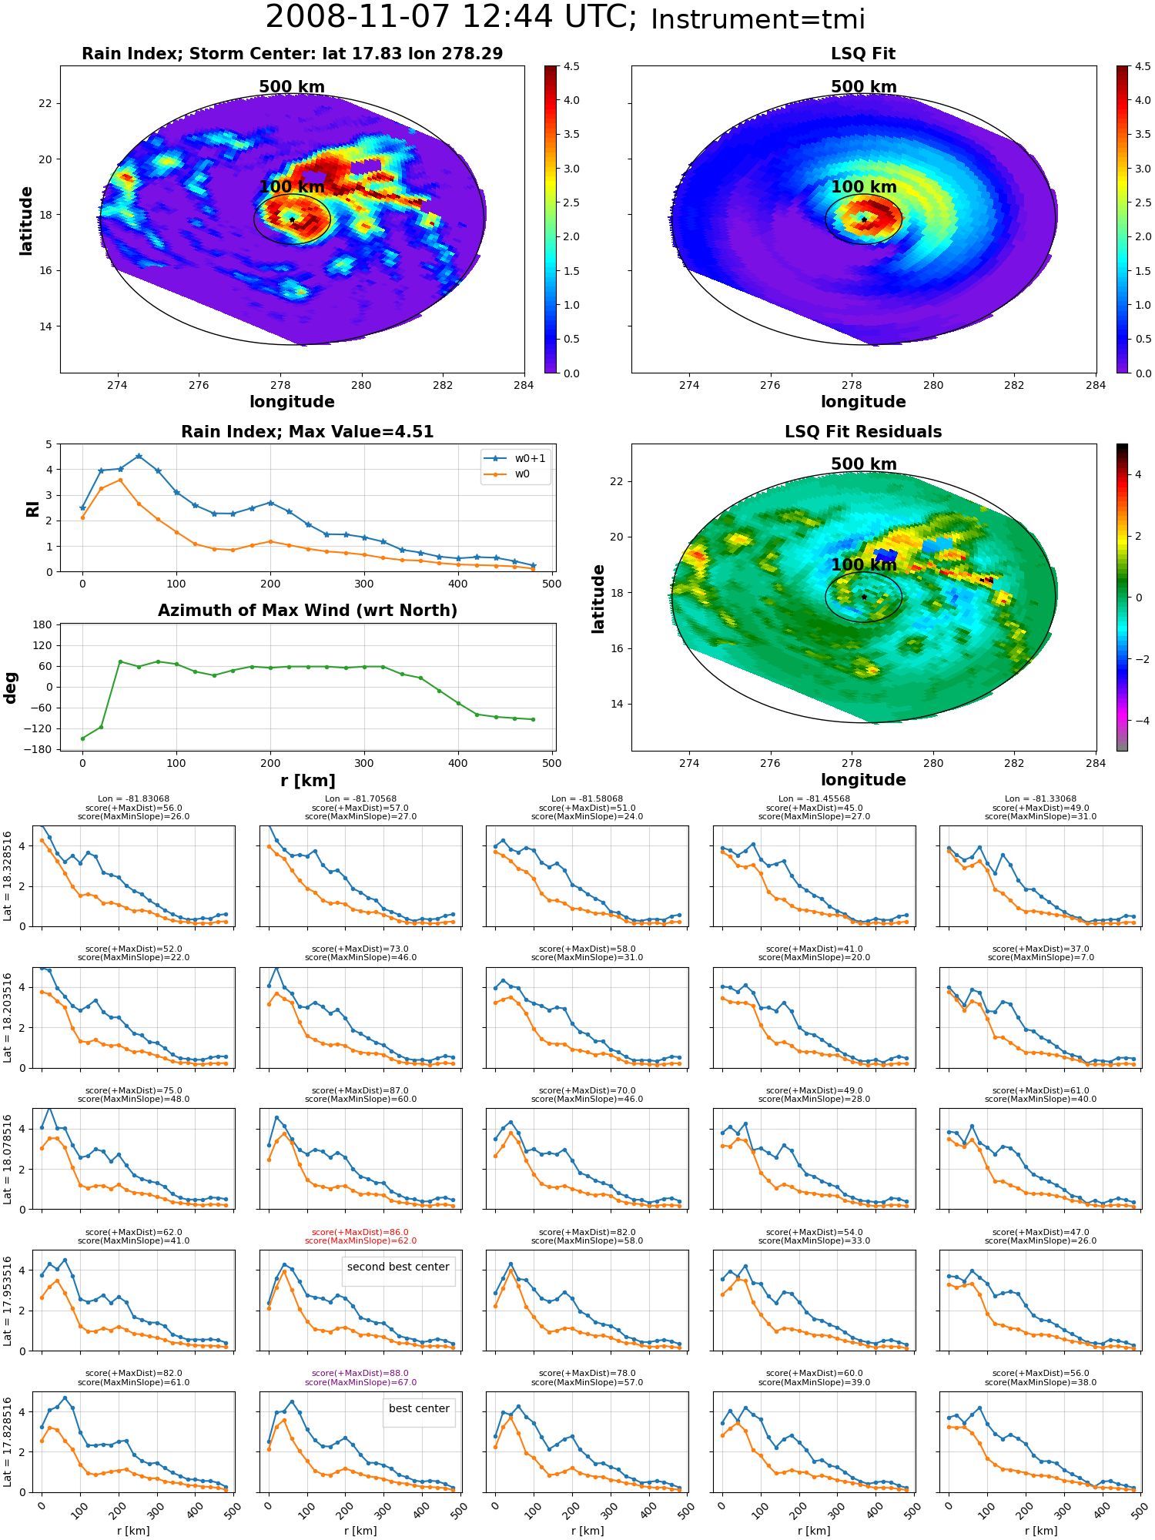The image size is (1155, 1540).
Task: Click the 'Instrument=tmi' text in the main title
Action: click(x=758, y=19)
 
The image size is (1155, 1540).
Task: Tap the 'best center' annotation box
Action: click(x=419, y=1408)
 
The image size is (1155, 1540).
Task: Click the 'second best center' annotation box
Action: click(x=398, y=1267)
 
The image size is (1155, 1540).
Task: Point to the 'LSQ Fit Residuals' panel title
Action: click(x=863, y=432)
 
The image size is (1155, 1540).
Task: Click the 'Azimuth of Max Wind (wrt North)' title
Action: click(x=307, y=611)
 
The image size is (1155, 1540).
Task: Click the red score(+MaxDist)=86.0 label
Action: click(x=360, y=1232)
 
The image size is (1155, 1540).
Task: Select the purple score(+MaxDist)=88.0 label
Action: click(x=360, y=1373)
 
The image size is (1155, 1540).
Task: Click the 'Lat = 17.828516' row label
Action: click(x=8, y=1442)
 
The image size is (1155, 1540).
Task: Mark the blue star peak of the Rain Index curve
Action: click(x=139, y=456)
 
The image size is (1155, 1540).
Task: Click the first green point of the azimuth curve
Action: click(x=82, y=738)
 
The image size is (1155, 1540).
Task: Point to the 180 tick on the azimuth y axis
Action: click(x=42, y=624)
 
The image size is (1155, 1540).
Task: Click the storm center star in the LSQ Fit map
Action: click(x=864, y=219)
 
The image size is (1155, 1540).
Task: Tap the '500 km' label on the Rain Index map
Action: click(x=292, y=87)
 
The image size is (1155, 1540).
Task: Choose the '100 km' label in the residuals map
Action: click(x=864, y=564)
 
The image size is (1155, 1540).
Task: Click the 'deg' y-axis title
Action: click(x=11, y=688)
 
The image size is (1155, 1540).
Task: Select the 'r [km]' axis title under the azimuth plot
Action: click(x=307, y=781)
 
